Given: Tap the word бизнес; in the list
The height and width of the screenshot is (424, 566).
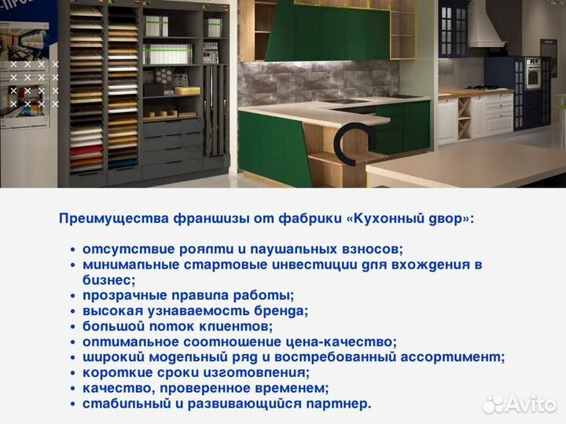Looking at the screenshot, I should click(109, 280).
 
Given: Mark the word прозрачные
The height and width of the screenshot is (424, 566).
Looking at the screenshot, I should click(122, 295).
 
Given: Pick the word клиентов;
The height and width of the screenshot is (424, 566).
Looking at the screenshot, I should click(231, 326).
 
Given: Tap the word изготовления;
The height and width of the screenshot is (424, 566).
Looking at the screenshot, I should click(257, 372).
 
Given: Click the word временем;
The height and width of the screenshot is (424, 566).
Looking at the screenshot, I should click(289, 388).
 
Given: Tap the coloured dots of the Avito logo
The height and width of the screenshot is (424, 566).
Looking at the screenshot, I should click(492, 404).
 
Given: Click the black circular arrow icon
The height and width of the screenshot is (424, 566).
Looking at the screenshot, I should click(348, 141).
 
